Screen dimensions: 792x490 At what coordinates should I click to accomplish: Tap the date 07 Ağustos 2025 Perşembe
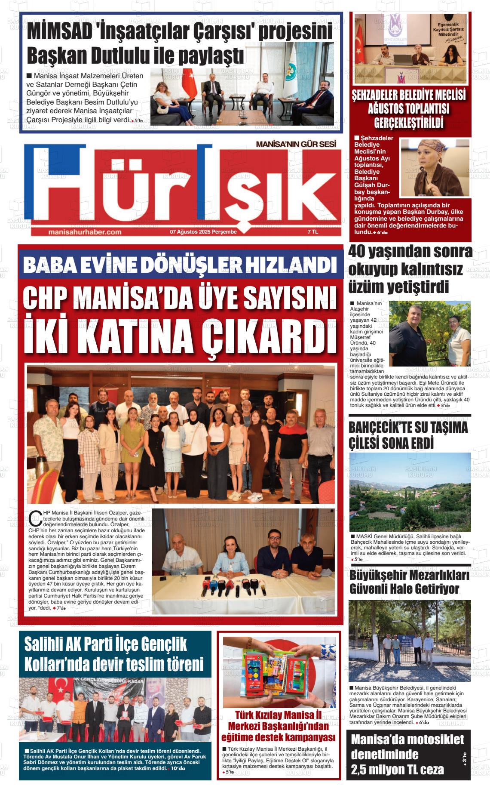(203, 232)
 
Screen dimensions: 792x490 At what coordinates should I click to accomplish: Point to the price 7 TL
(312, 232)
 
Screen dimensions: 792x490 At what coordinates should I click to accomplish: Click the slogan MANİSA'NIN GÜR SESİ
(296, 145)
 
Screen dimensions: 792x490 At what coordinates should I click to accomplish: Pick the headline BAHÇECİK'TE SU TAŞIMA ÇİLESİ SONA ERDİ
(408, 436)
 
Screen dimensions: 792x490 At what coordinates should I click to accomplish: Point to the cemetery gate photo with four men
(410, 641)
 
